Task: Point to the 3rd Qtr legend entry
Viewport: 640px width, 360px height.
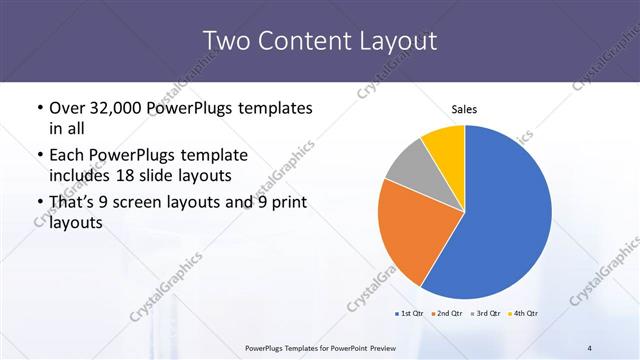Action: tap(484, 314)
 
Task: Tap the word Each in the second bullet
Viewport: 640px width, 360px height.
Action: tap(66, 155)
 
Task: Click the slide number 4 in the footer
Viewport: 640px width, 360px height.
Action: tap(589, 347)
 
